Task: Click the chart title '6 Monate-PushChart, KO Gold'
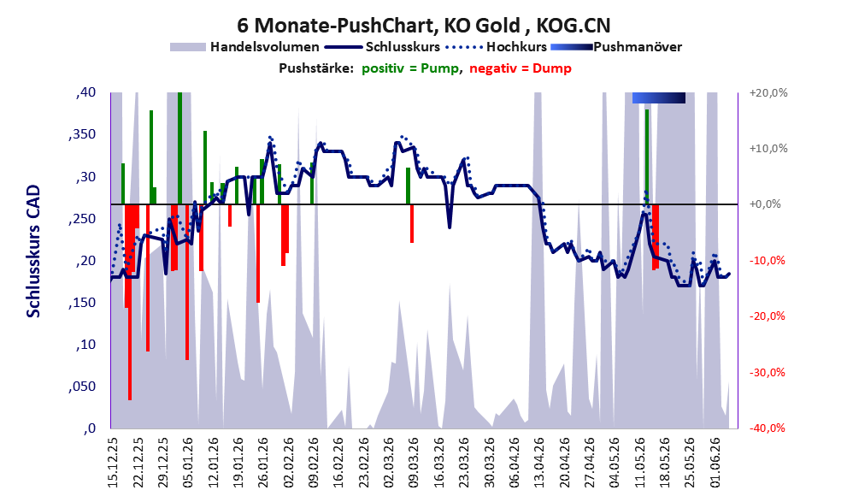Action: [378, 25]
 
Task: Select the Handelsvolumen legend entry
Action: [244, 47]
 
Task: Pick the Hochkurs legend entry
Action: [497, 47]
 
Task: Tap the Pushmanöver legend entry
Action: [616, 47]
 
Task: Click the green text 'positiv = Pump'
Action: [410, 68]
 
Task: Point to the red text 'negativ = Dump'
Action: [521, 68]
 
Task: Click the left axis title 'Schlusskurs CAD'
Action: [33, 251]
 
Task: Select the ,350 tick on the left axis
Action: [82, 134]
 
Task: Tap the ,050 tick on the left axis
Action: [82, 387]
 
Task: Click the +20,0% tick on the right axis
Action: [768, 93]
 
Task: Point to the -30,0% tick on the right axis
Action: [767, 372]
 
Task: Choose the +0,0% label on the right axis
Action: [765, 204]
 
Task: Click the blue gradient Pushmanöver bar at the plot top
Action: [658, 97]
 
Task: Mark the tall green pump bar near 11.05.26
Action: [647, 157]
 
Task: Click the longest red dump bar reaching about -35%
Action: [130, 302]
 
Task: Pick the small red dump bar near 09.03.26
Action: [412, 224]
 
